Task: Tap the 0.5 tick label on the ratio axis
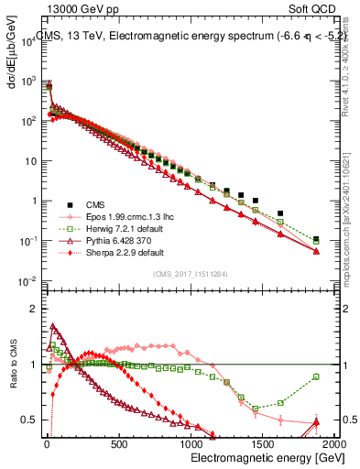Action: (27, 420)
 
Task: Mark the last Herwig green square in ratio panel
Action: (316, 376)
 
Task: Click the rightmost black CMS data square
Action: (316, 240)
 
